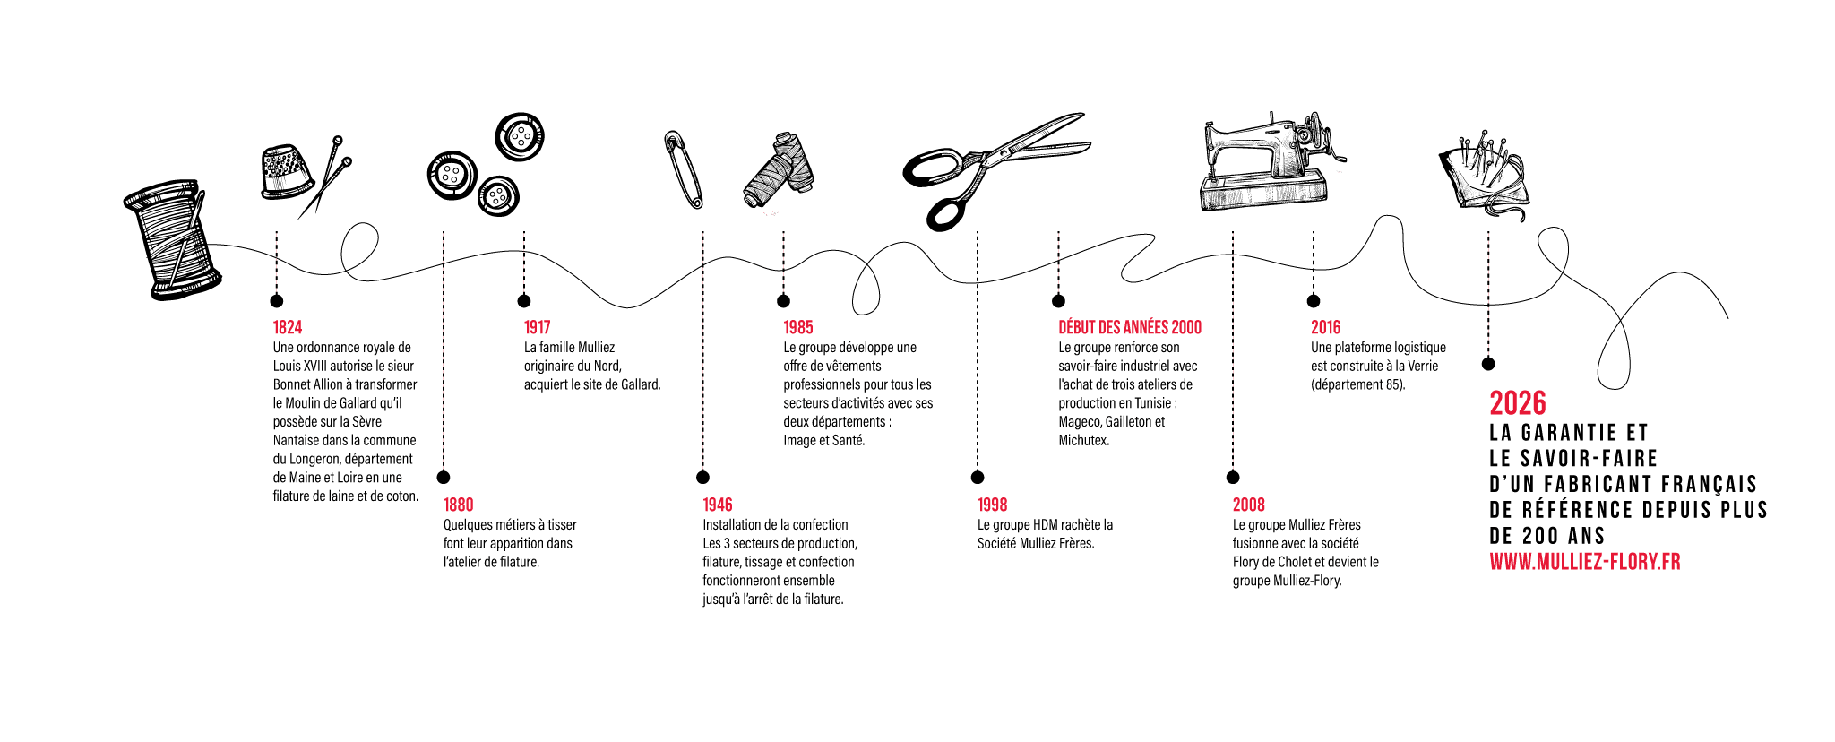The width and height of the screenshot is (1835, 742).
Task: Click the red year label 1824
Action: pos(288,328)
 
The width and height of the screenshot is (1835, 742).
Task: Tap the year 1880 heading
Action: pos(458,505)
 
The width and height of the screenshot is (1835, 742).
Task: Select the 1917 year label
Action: pos(538,328)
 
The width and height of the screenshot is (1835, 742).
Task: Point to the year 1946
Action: pos(718,505)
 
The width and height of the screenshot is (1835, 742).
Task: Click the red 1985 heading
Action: pos(798,328)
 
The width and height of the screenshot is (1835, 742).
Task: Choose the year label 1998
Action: pos(992,505)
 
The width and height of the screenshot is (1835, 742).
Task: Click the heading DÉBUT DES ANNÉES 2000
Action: pos(1130,328)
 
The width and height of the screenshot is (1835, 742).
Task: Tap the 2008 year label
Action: pos(1248,505)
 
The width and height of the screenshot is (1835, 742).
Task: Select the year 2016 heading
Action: pos(1325,328)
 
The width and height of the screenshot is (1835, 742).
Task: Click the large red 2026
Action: pos(1518,403)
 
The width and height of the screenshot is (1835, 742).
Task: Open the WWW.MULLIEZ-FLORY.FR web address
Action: pos(1585,562)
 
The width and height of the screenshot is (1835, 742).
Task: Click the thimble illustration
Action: pos(286,171)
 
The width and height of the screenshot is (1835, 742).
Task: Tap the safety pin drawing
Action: pos(684,169)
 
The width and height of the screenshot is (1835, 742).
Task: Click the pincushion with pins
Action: pos(1483,176)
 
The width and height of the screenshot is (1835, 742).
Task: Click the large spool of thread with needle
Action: pos(172,239)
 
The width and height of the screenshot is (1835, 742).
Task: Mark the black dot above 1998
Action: pos(978,478)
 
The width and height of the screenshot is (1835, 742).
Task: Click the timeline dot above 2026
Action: pos(1488,364)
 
